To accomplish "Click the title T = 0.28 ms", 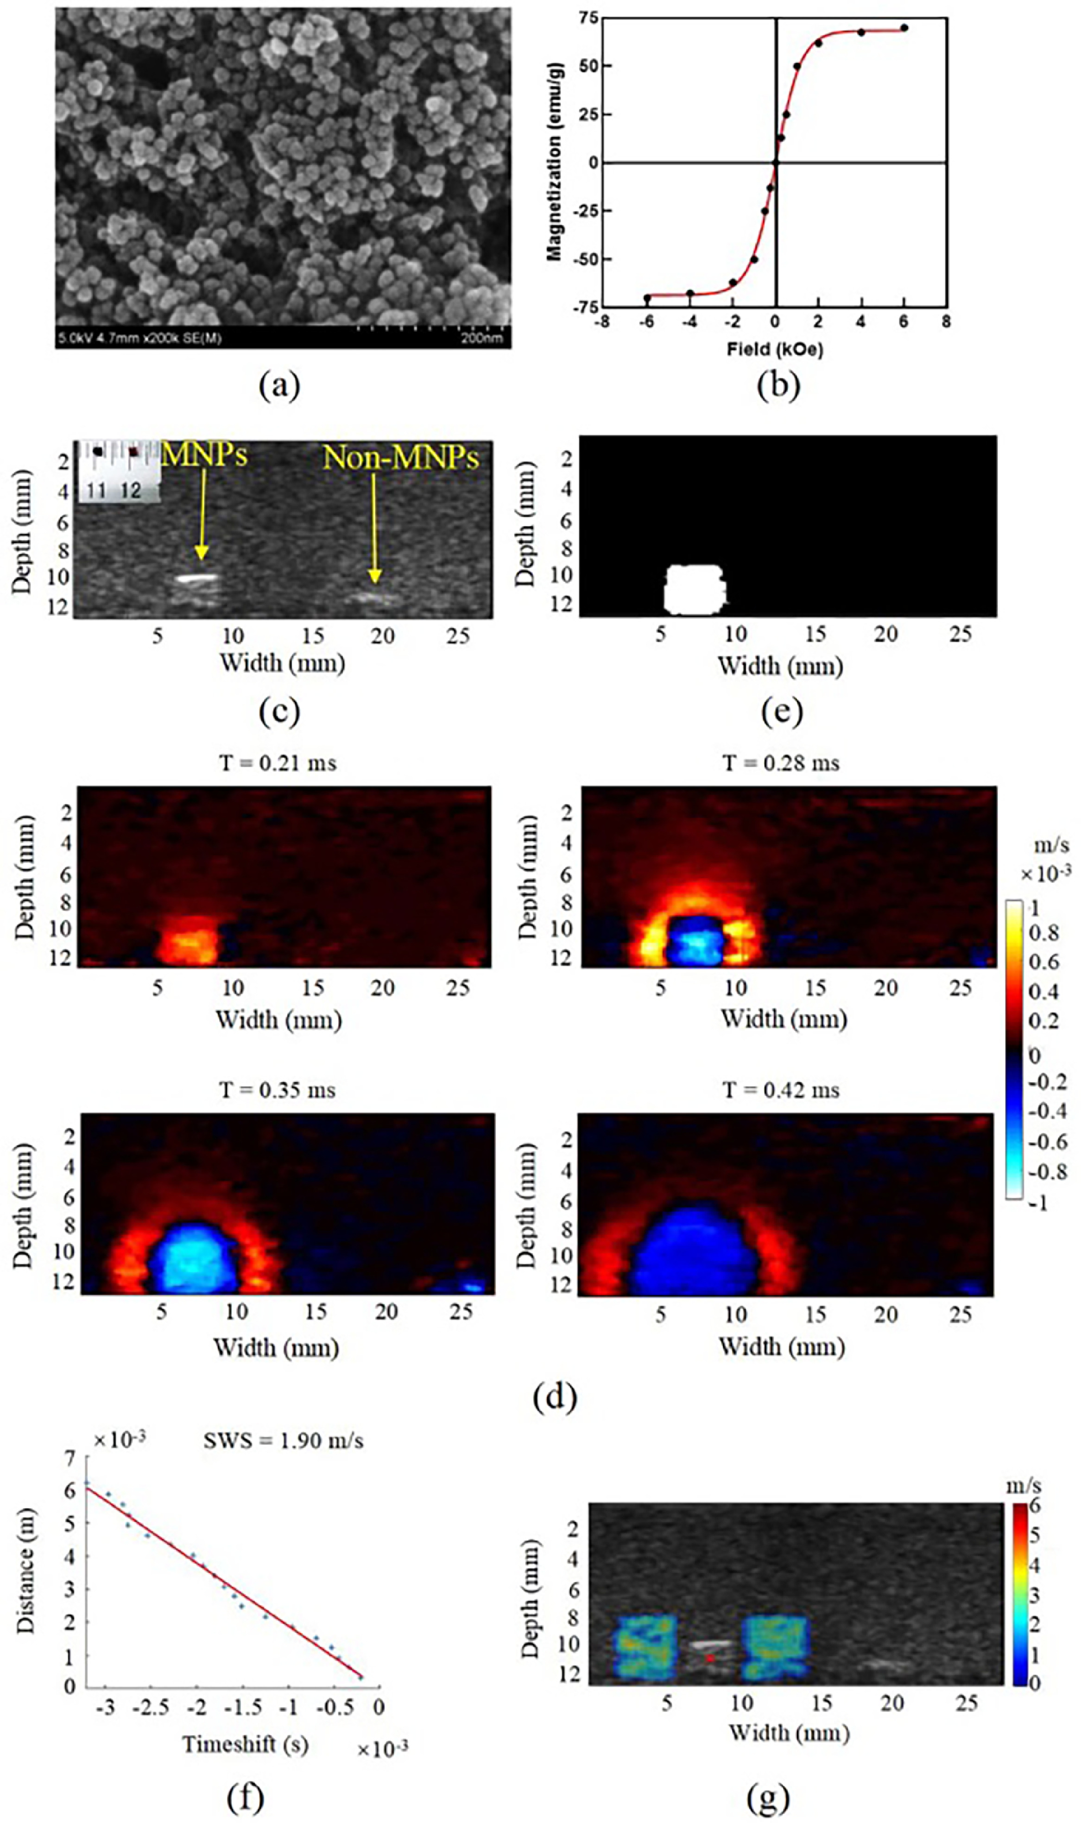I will pos(781,763).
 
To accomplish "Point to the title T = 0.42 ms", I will pos(781,1090).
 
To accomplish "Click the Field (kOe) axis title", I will pos(774,350).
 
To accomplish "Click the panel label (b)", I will pos(778,386).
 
